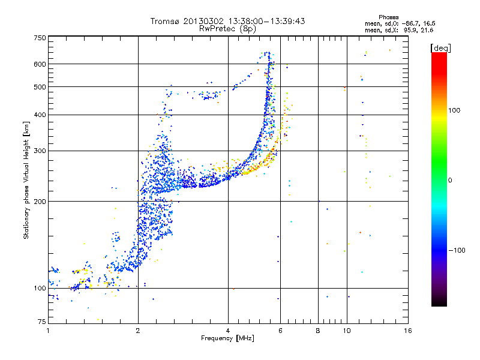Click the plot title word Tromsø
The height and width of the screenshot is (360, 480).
point(165,21)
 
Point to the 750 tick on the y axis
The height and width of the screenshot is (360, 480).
point(40,37)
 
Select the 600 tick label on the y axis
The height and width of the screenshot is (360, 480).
point(40,64)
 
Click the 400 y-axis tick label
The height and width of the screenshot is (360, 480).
point(40,115)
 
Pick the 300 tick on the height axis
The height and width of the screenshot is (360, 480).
point(40,151)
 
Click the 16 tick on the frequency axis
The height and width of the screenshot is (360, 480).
point(408,331)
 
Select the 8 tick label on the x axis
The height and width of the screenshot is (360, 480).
point(318,331)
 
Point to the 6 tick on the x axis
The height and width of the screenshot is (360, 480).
point(281,331)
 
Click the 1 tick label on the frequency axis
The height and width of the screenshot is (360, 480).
point(48,331)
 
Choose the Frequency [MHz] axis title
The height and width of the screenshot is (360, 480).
point(227,339)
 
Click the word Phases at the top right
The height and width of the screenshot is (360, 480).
point(389,17)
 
